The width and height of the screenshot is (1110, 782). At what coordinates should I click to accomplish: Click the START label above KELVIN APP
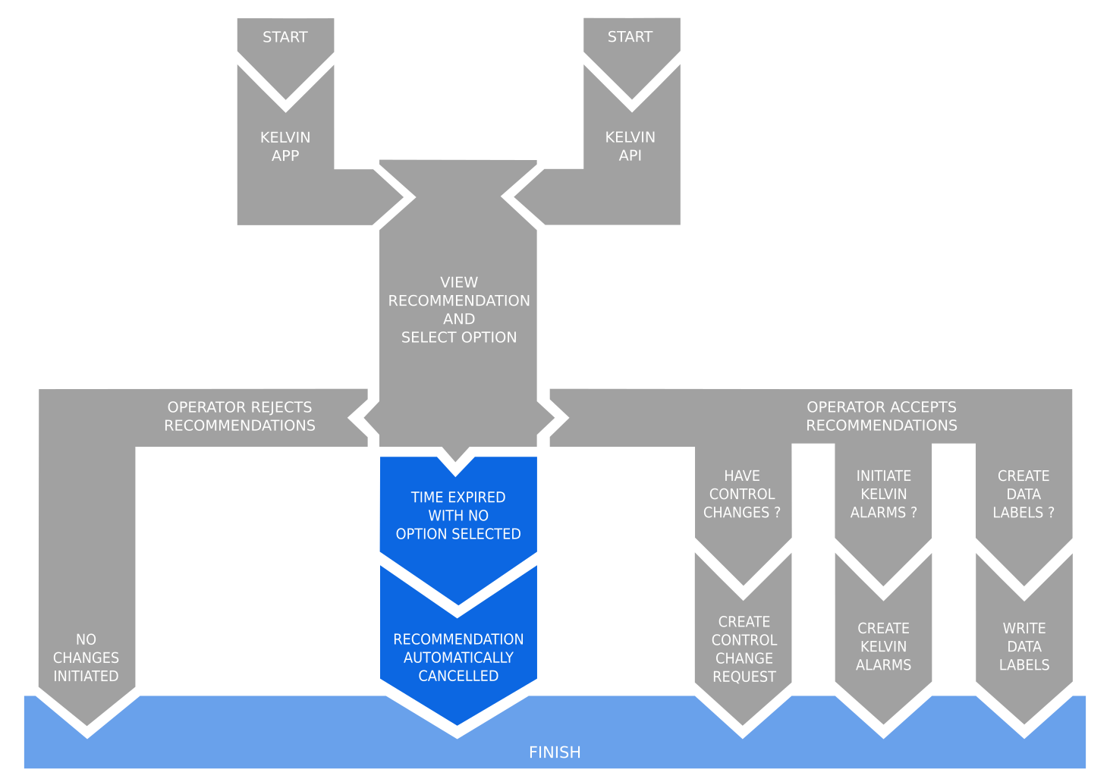point(285,37)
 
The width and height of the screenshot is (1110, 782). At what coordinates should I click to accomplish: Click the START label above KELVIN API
point(630,37)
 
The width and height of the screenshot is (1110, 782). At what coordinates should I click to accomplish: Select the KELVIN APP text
point(285,146)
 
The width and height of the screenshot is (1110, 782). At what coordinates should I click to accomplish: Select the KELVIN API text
point(630,146)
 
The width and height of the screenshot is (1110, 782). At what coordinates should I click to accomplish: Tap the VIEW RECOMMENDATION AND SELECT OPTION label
point(459,309)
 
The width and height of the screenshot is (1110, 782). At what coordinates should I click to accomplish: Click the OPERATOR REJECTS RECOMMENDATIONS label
point(240,416)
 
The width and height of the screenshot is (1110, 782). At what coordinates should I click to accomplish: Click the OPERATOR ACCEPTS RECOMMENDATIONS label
point(881,416)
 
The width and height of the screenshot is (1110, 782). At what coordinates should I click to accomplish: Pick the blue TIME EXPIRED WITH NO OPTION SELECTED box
point(458,516)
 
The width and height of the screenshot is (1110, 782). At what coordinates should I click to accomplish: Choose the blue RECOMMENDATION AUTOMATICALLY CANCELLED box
point(458,657)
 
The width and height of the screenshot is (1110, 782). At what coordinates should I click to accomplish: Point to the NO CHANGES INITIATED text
point(86,658)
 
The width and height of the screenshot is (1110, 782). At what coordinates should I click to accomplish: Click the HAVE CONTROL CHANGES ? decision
point(742,495)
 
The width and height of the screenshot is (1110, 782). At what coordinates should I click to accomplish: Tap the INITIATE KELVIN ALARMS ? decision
point(883,495)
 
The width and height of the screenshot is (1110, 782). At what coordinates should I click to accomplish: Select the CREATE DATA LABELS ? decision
point(1024,495)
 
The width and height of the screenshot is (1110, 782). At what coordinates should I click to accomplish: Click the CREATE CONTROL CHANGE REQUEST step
point(744,649)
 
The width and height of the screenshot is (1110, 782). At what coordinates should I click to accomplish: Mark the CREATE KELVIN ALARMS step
point(883,647)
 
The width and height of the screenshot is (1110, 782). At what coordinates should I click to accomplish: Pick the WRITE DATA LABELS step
point(1024,647)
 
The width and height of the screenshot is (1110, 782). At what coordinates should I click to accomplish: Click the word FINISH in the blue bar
point(555,752)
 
